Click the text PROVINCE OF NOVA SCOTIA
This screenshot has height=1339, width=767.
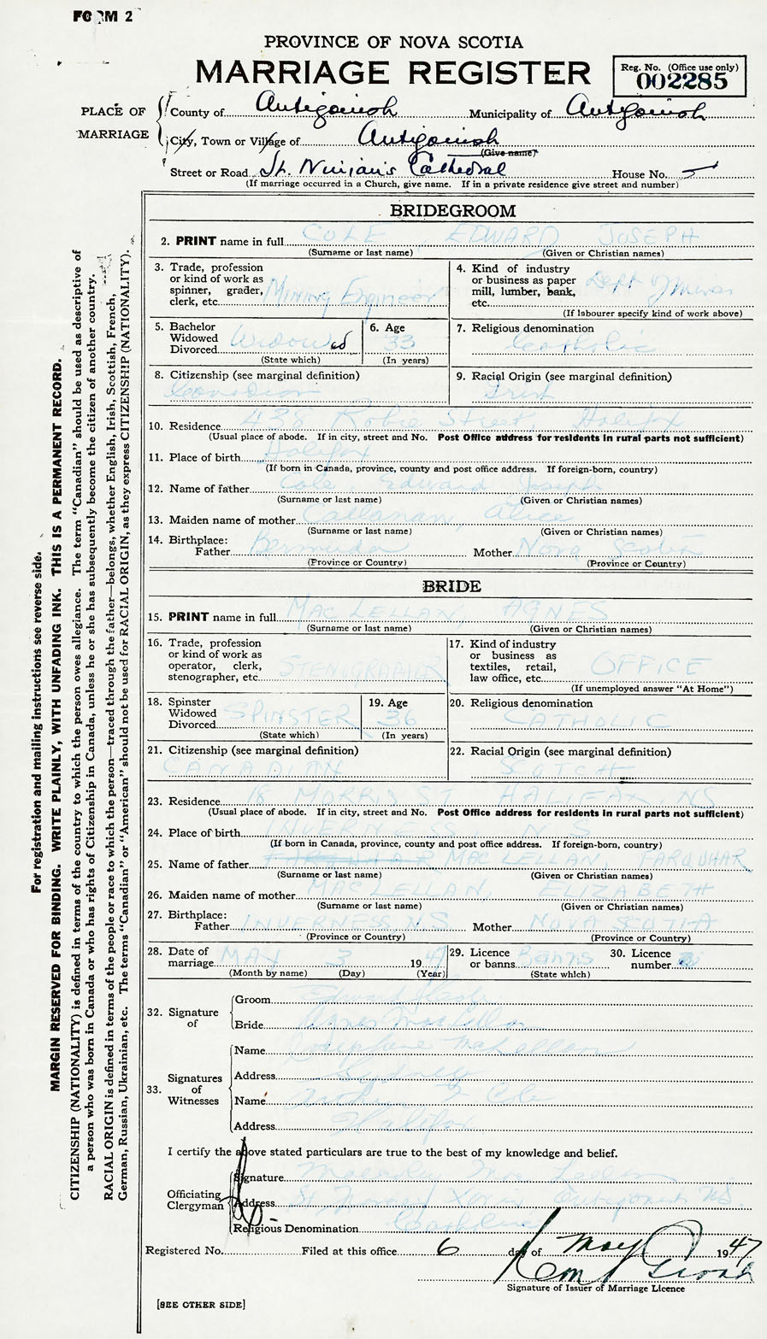pyautogui.click(x=393, y=42)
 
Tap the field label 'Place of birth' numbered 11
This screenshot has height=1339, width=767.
pyautogui.click(x=204, y=458)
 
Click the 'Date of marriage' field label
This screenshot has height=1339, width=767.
pyautogui.click(x=189, y=957)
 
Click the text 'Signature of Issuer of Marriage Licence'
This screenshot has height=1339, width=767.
pyautogui.click(x=595, y=1289)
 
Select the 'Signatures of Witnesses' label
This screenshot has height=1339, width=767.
pyautogui.click(x=196, y=1089)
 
